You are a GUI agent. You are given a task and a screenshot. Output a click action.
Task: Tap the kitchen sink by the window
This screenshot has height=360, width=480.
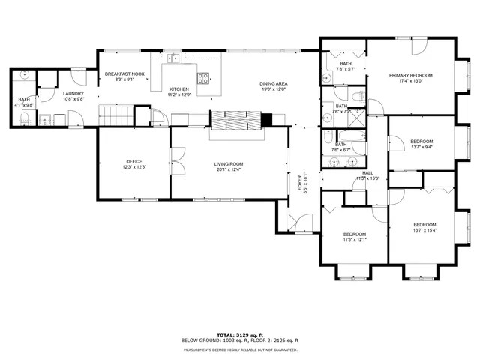tap(173, 56)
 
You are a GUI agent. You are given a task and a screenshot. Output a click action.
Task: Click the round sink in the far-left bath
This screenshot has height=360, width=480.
tap(25, 75)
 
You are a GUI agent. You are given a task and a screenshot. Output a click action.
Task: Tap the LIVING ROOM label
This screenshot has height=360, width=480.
tap(228, 163)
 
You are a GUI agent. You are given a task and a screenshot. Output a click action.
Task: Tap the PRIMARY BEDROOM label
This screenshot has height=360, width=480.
tap(405, 75)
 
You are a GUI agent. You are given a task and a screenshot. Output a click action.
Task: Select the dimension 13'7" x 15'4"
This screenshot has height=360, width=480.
tap(425, 230)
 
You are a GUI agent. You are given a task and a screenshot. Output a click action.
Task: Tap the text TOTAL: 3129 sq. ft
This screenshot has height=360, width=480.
tap(239, 334)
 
